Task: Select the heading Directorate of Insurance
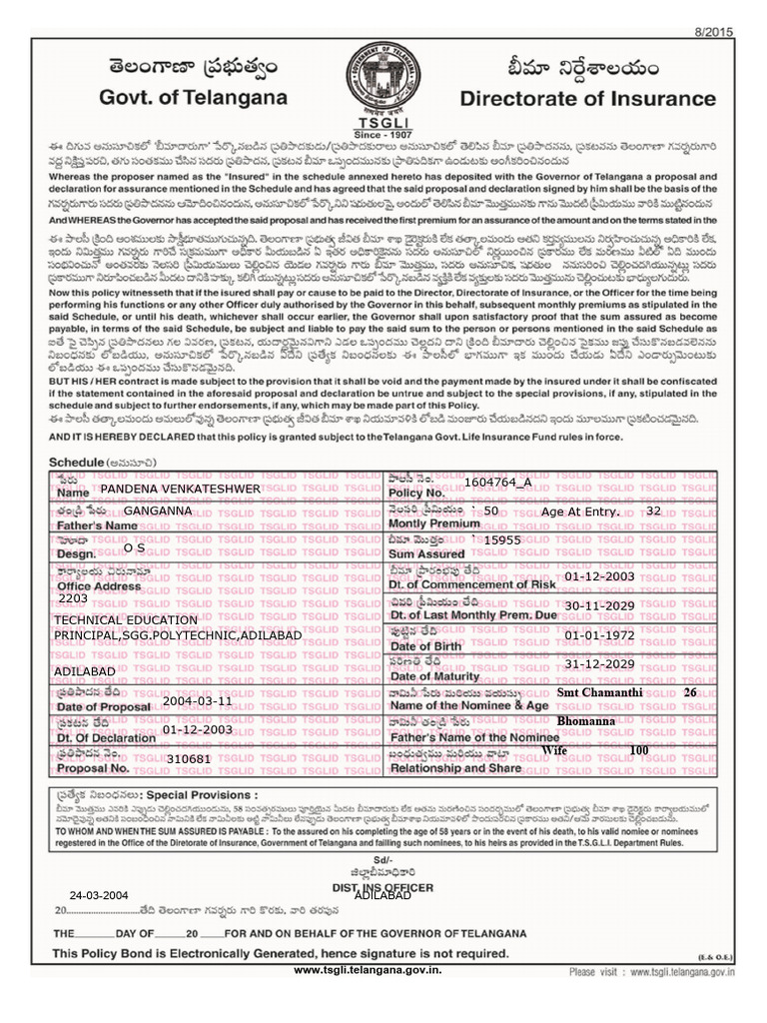click(587, 99)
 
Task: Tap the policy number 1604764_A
click(497, 483)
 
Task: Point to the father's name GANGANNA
click(158, 511)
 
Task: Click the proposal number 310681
click(188, 759)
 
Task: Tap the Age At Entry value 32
click(653, 511)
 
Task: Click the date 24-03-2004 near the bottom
click(99, 895)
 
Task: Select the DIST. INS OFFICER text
click(383, 887)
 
